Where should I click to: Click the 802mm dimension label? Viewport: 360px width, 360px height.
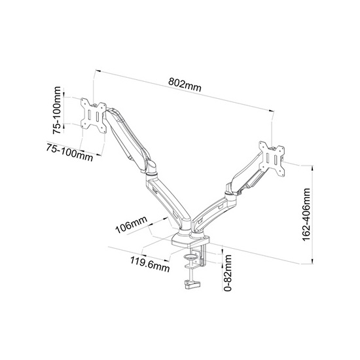(x=185, y=84)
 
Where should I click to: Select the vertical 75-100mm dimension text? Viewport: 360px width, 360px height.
(x=57, y=110)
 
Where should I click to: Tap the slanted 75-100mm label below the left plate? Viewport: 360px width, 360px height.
(x=69, y=153)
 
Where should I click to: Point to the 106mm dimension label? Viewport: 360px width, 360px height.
(x=131, y=225)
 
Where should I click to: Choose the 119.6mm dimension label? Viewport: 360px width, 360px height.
(x=150, y=264)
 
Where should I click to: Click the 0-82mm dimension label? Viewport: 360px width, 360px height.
(x=228, y=273)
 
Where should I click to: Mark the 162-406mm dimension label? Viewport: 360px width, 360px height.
(x=306, y=215)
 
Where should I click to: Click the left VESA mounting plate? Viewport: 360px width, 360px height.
(x=94, y=115)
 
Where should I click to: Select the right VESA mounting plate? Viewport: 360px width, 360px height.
(x=272, y=158)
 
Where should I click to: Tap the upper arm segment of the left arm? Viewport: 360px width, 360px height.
(x=127, y=139)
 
